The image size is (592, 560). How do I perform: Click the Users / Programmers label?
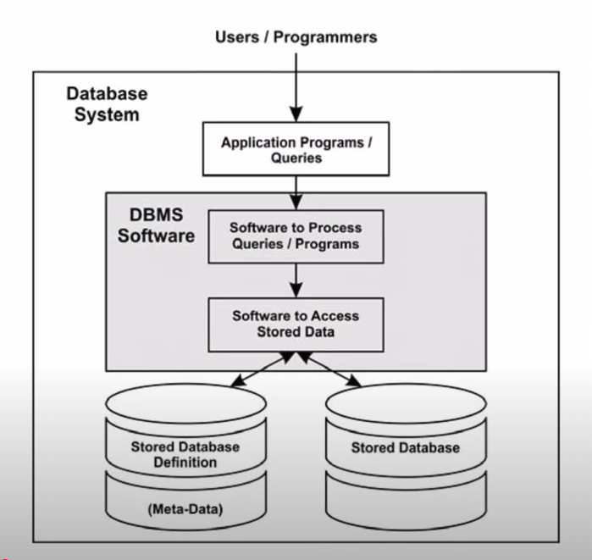296,37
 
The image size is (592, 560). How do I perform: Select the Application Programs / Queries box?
296,150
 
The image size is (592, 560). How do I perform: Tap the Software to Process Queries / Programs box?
296,236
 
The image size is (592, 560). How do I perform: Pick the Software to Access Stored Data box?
296,324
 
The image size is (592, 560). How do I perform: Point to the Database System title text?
106,104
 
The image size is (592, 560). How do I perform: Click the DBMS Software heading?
156,225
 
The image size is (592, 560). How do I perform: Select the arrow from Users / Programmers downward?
296,85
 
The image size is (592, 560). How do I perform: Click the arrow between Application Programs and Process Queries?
296,193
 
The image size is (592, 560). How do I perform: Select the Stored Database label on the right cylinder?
405,447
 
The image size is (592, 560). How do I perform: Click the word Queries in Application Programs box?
296,158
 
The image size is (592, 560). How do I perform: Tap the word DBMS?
155,215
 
